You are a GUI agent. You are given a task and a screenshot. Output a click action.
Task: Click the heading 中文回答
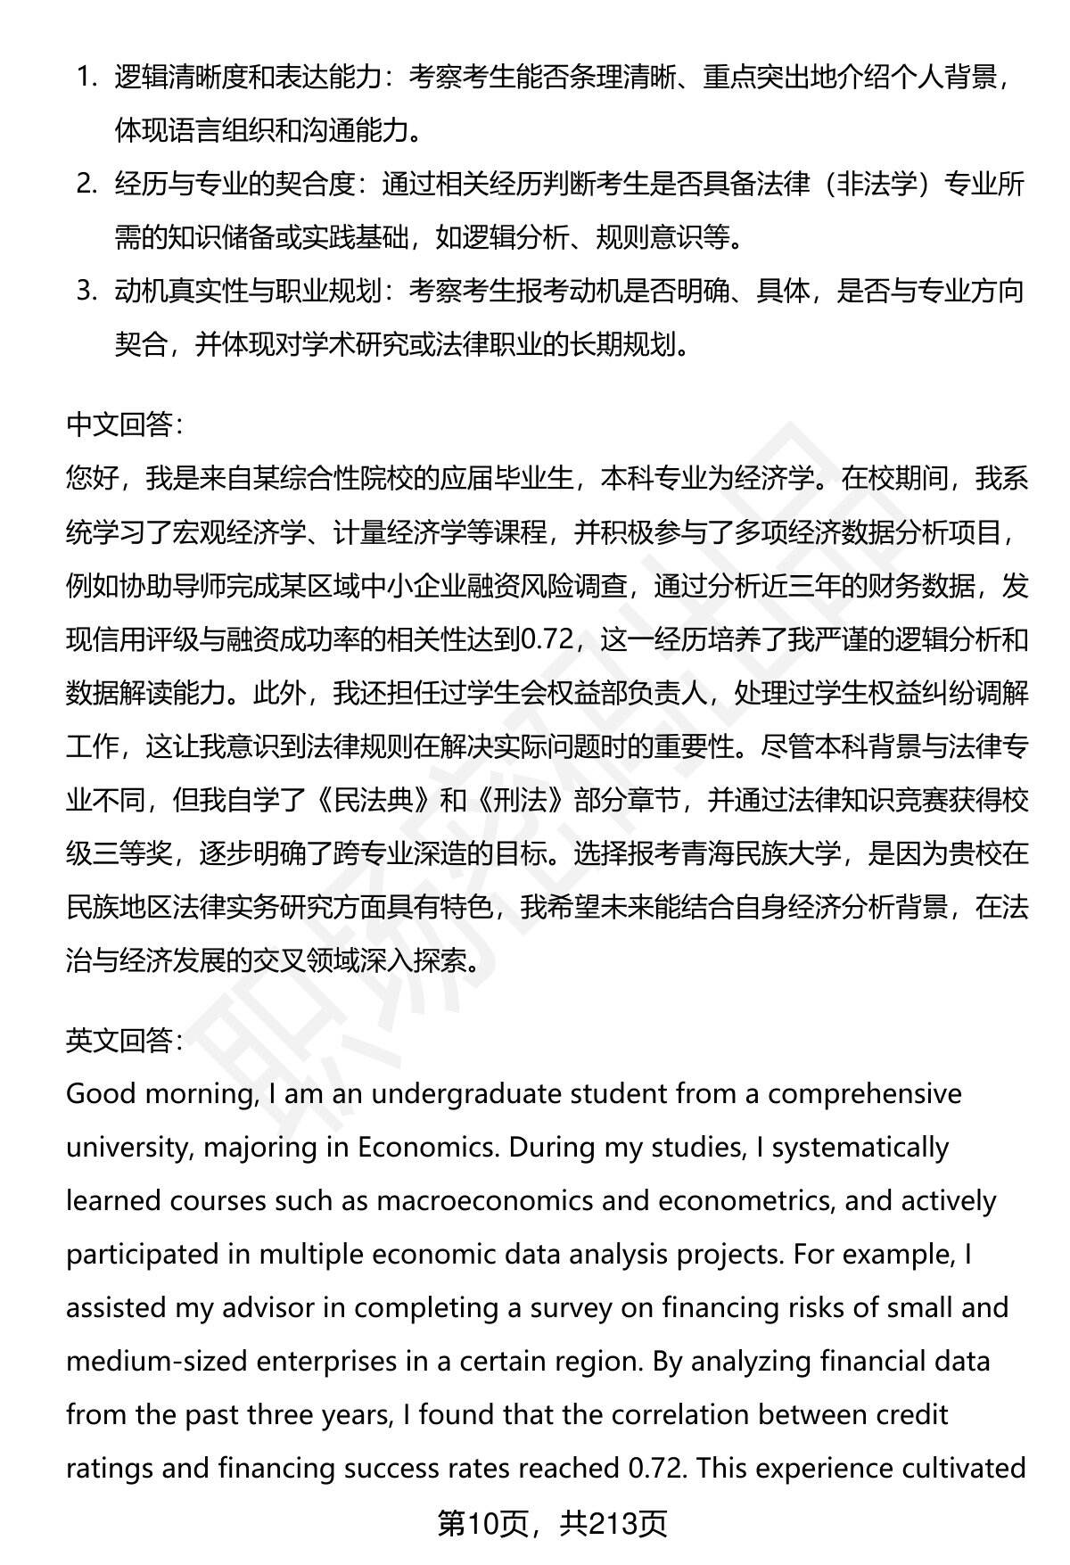click(x=124, y=425)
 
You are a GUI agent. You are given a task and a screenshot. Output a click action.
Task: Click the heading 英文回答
click(x=124, y=1041)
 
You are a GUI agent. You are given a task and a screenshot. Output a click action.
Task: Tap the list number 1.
click(x=86, y=78)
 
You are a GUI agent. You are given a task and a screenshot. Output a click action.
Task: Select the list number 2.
click(x=86, y=185)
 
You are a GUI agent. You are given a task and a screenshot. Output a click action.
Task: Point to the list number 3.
click(x=86, y=292)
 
